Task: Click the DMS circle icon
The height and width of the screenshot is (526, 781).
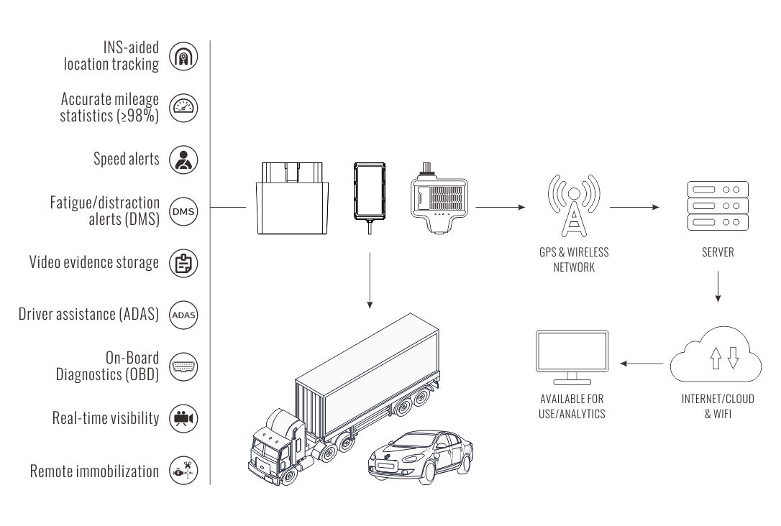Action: click(x=183, y=212)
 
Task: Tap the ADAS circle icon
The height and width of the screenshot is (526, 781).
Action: click(x=183, y=315)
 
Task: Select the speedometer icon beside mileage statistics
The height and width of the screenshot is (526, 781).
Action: click(x=183, y=108)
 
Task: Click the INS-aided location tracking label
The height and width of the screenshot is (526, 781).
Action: click(x=111, y=57)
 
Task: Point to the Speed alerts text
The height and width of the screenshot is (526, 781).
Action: click(x=127, y=159)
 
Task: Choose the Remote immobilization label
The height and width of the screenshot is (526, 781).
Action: click(x=94, y=471)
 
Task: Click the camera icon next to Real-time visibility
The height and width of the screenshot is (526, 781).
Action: click(x=183, y=418)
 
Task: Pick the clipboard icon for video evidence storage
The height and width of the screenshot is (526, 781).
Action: click(x=183, y=263)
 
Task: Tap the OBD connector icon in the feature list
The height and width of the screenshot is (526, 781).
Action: click(x=183, y=366)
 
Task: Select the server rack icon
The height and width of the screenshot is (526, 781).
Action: click(x=718, y=206)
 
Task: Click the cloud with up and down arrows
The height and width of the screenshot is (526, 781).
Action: click(x=715, y=356)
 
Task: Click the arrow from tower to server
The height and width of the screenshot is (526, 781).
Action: click(x=634, y=207)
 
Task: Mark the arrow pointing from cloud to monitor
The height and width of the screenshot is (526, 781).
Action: click(x=642, y=363)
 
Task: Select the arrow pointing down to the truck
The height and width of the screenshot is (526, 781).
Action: click(x=370, y=280)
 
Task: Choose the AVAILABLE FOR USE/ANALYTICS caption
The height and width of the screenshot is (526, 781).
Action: click(x=572, y=406)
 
